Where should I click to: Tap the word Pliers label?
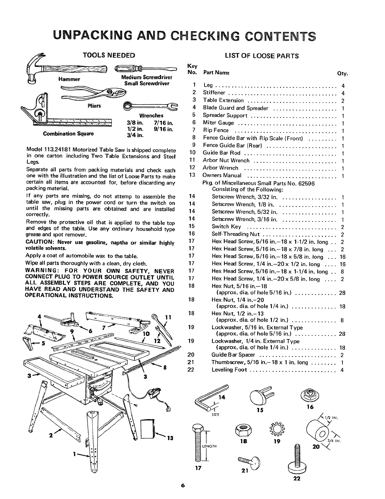[94, 105]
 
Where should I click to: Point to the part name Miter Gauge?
[218, 123]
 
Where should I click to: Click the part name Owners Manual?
[222, 175]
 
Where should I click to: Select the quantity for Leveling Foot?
[342, 370]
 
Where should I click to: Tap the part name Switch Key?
[226, 227]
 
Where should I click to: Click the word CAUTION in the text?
[39, 242]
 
